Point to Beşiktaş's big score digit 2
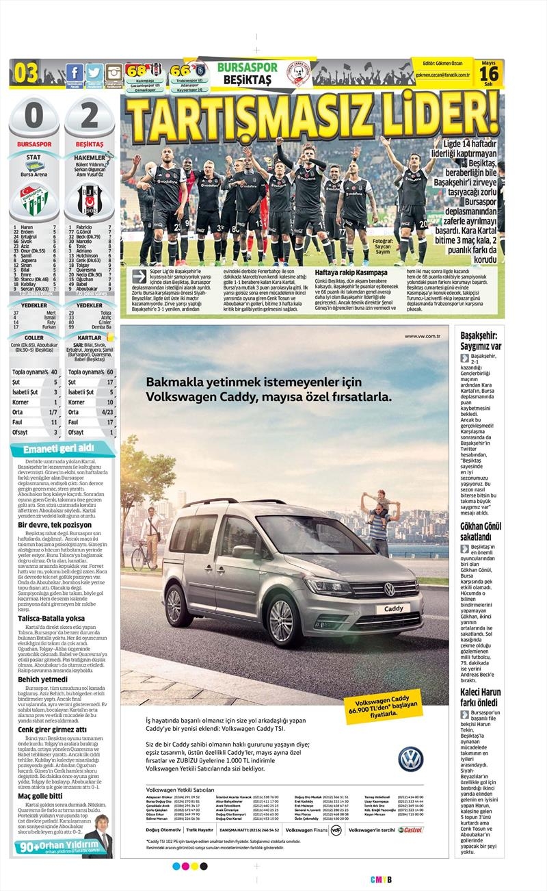coord(89,118)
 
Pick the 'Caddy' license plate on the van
coord(394,608)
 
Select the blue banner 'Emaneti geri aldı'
coord(57,449)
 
